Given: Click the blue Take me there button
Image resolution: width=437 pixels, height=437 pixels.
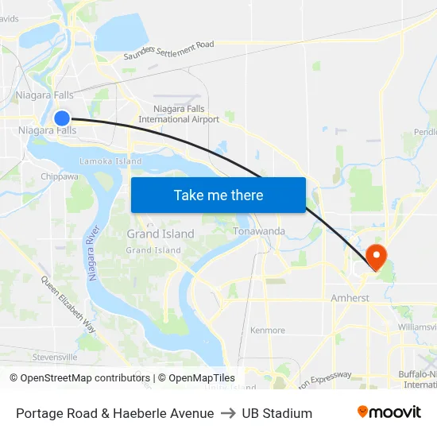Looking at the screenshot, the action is click(x=218, y=195).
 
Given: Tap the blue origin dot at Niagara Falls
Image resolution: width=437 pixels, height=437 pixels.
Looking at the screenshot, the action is click(x=62, y=118).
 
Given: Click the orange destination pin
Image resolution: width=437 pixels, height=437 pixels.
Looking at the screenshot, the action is click(x=374, y=256).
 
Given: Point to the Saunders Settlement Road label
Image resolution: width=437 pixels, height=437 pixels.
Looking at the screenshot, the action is click(x=169, y=51).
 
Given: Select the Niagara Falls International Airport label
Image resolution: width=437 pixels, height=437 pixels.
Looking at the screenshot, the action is click(x=179, y=114).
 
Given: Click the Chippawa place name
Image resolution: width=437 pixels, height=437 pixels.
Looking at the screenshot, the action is click(x=60, y=177).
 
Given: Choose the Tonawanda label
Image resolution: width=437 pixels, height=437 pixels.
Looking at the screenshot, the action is click(x=259, y=231).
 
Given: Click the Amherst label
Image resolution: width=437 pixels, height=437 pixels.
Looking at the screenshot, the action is click(x=350, y=298).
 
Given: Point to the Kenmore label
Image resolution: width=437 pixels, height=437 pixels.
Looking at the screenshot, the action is click(x=267, y=330).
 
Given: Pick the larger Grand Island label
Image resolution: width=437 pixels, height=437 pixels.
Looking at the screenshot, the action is click(x=160, y=234).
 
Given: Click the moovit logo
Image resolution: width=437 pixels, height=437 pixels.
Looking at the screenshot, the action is click(x=389, y=412).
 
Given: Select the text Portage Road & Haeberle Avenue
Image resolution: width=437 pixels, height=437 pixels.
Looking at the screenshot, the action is click(x=114, y=413).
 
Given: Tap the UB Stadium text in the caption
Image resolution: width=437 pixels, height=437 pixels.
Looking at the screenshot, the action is click(x=277, y=413).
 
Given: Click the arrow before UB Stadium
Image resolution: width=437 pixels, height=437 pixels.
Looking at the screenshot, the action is click(x=228, y=413).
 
